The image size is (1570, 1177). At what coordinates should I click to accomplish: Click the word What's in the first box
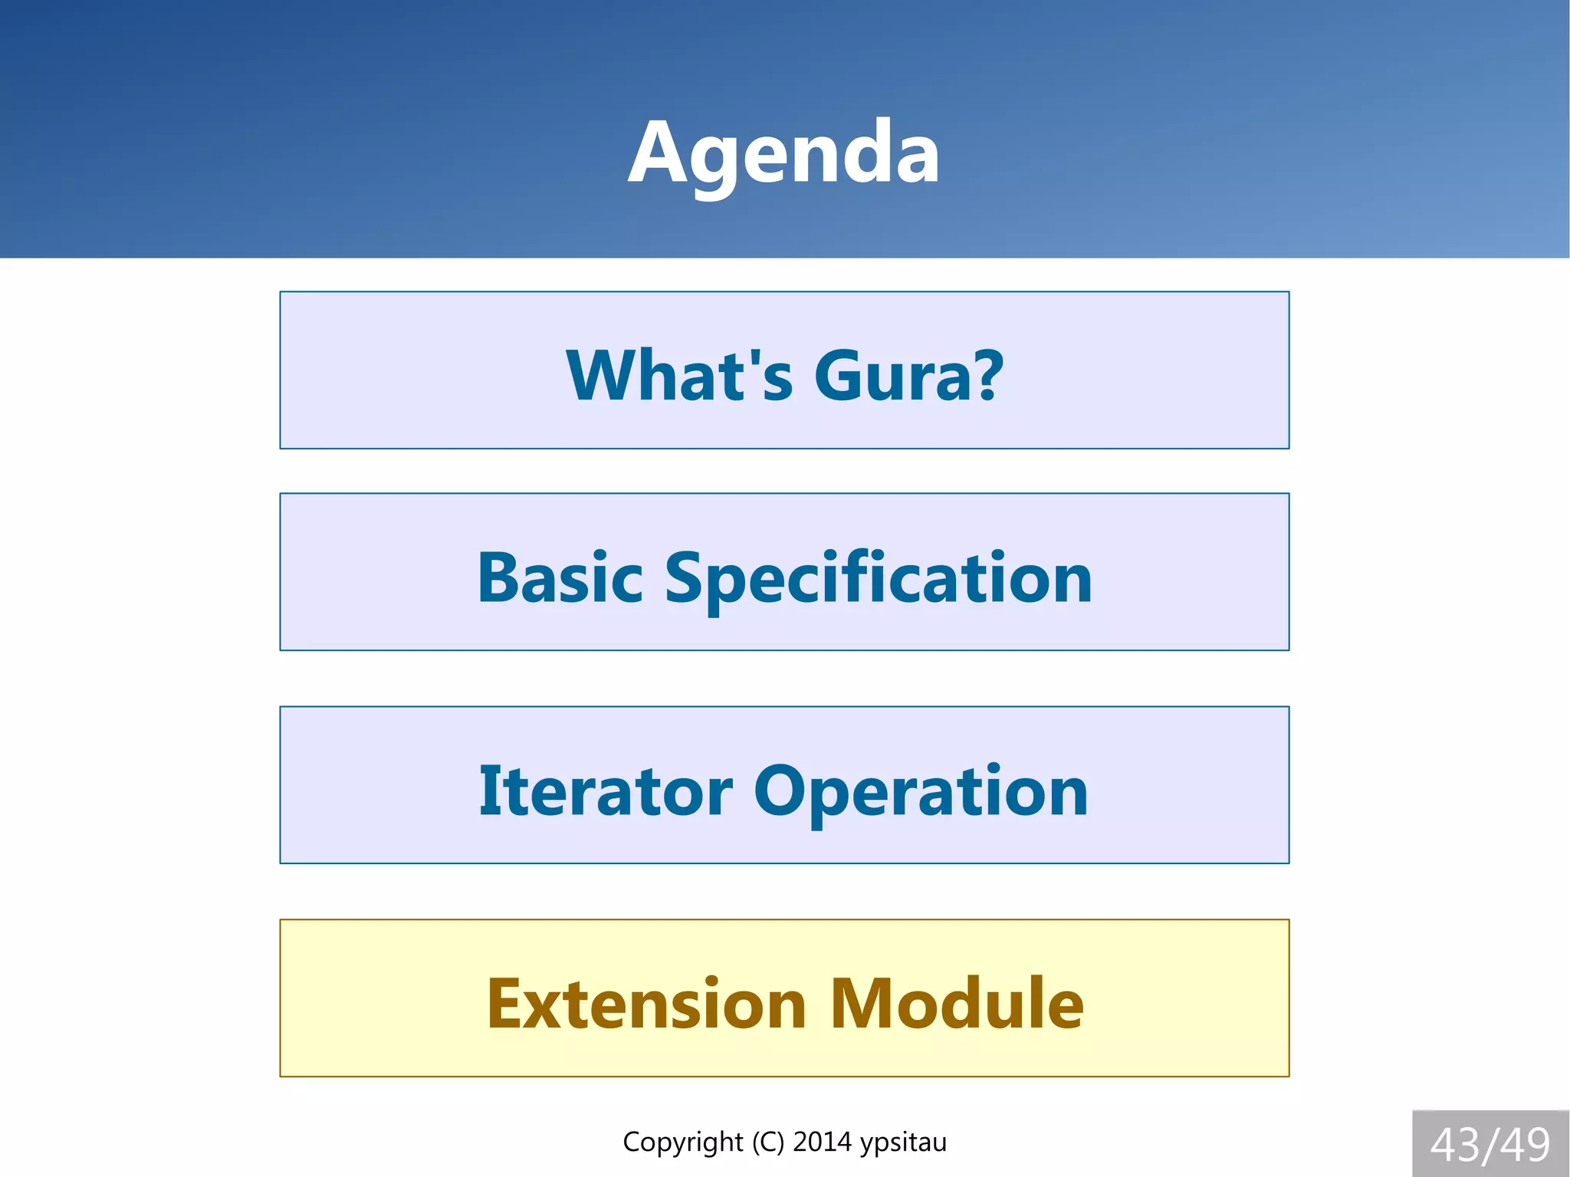click(678, 375)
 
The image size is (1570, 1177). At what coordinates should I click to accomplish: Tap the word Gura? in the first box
click(908, 375)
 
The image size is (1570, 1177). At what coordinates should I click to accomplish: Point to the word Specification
click(878, 579)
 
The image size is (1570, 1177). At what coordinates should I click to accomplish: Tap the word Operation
click(920, 792)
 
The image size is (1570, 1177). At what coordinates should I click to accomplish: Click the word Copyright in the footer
click(682, 1142)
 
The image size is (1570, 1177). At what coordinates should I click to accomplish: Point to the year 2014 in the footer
click(822, 1142)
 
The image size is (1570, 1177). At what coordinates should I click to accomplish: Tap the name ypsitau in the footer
click(903, 1142)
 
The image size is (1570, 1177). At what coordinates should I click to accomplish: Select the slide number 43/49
click(1490, 1145)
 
